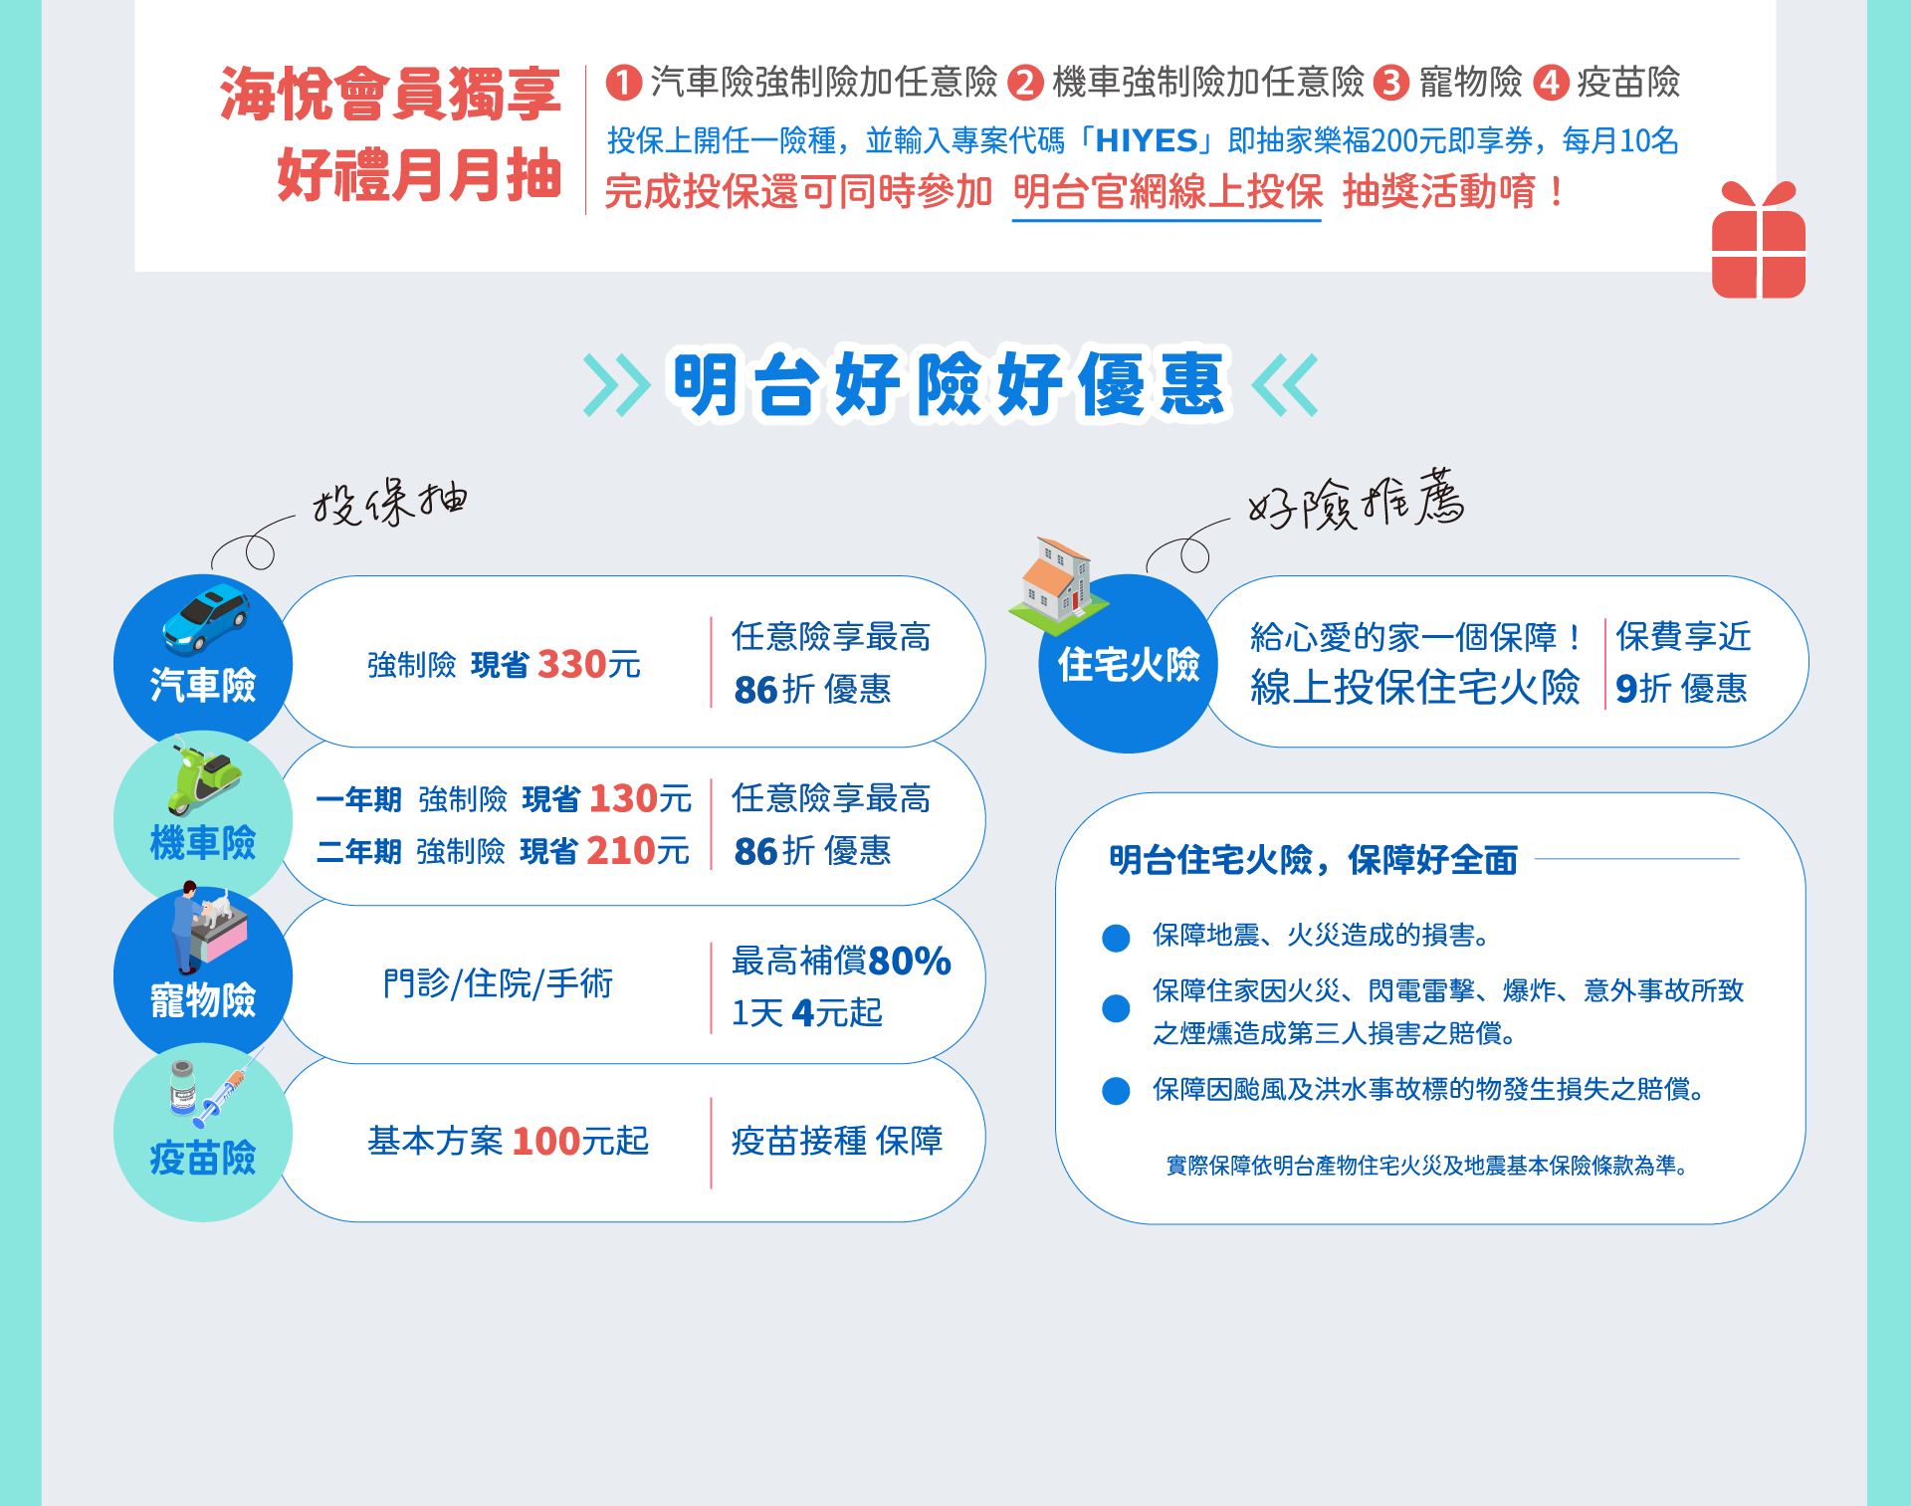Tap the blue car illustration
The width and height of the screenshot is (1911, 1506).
206,618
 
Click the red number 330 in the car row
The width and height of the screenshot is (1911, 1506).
572,664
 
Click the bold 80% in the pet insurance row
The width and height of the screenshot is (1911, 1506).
910,961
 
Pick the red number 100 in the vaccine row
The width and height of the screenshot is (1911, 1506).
545,1141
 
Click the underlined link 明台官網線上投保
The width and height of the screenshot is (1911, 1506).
1168,192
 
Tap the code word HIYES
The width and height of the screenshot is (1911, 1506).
1147,141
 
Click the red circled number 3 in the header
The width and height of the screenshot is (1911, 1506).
1391,83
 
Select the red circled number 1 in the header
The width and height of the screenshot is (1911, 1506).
623,83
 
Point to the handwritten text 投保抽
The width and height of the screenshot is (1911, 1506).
390,502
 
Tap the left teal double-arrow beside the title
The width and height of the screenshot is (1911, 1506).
616,384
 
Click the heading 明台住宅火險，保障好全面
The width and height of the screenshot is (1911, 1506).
1313,860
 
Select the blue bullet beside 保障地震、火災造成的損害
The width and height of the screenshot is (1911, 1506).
1116,938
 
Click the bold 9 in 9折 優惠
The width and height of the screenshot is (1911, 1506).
1626,688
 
